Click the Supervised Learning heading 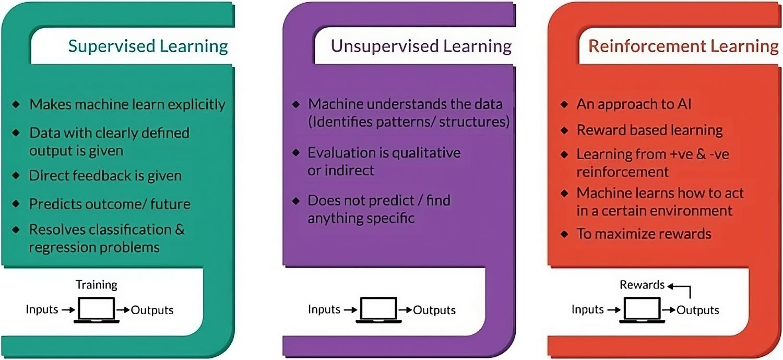[x=148, y=46]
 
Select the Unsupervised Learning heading [x=421, y=46]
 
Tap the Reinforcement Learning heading [x=683, y=46]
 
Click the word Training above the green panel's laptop [x=97, y=285]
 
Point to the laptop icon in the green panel [x=96, y=310]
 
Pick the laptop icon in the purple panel [x=378, y=310]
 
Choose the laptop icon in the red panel [x=642, y=310]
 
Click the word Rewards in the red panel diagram [x=642, y=285]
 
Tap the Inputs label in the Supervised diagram [x=42, y=309]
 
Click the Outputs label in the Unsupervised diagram [x=434, y=310]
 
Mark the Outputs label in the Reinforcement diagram [x=698, y=310]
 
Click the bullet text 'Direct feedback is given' [x=105, y=175]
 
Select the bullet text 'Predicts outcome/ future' [x=110, y=203]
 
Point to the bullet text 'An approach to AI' [x=634, y=104]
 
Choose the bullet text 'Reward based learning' [x=649, y=130]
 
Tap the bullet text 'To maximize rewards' [x=644, y=233]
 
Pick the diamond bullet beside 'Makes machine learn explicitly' [x=17, y=104]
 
